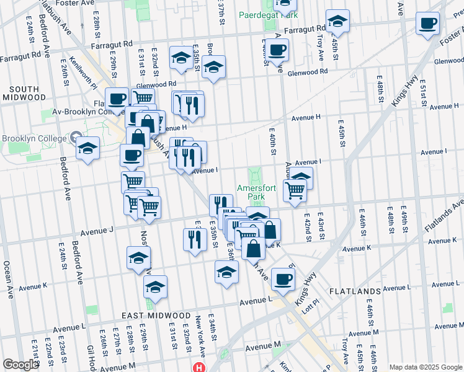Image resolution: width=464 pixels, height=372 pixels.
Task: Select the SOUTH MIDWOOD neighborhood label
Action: click(24, 93)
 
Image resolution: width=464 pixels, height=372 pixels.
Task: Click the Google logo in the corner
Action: click(20, 365)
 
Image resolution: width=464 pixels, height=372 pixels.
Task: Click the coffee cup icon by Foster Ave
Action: click(427, 24)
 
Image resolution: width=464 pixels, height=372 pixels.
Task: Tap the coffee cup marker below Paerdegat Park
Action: click(277, 49)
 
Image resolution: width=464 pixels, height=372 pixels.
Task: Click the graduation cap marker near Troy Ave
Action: click(337, 22)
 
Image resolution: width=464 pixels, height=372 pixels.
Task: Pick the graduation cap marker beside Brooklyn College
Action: click(88, 149)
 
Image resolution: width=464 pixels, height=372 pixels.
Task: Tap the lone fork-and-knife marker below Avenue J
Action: click(194, 239)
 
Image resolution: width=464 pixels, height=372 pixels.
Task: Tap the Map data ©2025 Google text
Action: click(426, 366)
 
